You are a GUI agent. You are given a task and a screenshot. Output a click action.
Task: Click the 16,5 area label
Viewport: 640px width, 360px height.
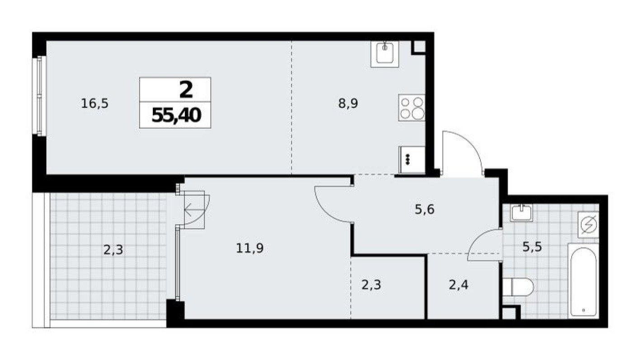(x=94, y=104)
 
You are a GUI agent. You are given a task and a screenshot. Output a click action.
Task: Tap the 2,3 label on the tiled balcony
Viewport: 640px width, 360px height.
(x=113, y=249)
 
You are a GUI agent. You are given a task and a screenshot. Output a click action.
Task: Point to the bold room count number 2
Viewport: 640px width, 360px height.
(x=186, y=90)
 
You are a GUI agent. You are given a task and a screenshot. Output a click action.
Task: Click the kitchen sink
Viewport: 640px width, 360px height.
(x=385, y=54)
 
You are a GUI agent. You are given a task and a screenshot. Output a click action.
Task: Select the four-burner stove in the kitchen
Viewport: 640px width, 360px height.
(x=412, y=108)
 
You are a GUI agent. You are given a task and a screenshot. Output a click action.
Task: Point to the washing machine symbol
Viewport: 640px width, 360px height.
(x=588, y=224)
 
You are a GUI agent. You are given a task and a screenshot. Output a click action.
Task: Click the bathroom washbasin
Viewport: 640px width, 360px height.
(x=522, y=212)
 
